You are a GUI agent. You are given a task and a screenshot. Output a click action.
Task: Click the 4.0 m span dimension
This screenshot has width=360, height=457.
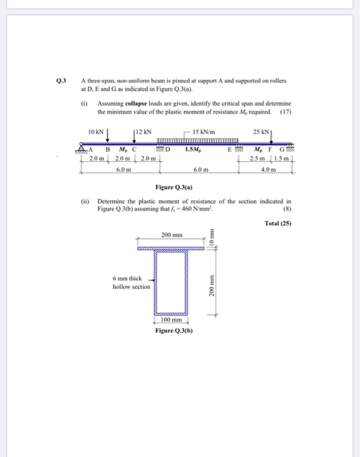click(x=269, y=170)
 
